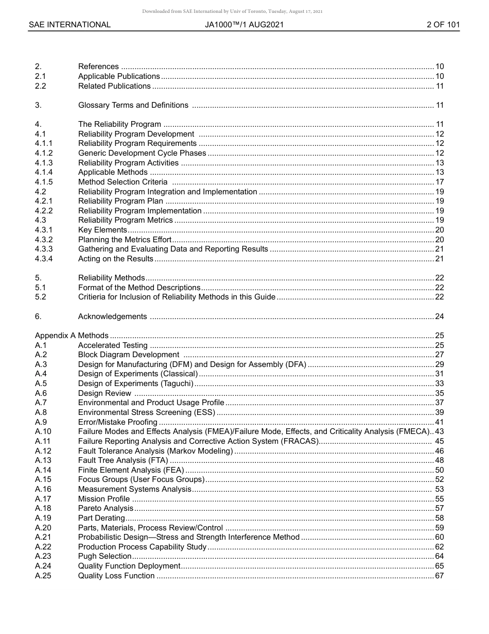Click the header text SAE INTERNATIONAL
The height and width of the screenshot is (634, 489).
click(69, 25)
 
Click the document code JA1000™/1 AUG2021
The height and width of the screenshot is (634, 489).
click(244, 25)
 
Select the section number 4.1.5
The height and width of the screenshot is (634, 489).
click(44, 182)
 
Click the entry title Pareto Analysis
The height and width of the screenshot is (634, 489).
click(106, 508)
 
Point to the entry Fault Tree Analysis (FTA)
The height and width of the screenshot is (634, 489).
click(123, 460)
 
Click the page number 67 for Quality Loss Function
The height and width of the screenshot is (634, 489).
click(439, 576)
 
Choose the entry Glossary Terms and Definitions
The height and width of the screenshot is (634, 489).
click(133, 105)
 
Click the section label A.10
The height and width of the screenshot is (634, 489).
click(43, 431)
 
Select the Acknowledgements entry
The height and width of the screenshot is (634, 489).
click(112, 316)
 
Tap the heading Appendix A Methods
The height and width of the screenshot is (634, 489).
click(72, 336)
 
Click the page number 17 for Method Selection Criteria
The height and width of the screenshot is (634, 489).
click(439, 182)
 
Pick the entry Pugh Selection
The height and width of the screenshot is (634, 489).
click(104, 556)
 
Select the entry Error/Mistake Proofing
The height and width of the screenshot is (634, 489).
click(117, 422)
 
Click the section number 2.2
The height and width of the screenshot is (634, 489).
click(40, 86)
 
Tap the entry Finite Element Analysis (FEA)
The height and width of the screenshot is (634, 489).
click(131, 470)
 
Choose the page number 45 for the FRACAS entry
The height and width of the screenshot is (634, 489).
click(439, 441)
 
